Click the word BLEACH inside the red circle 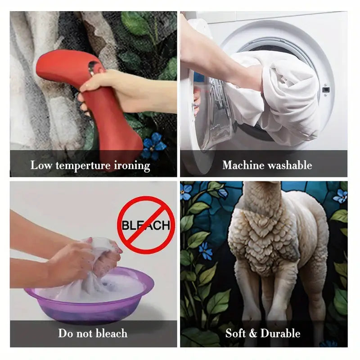pyautogui.click(x=146, y=225)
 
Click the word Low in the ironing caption pyautogui.click(x=41, y=165)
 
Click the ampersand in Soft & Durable pyautogui.click(x=253, y=333)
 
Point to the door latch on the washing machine pyautogui.click(x=326, y=90)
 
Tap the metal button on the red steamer pyautogui.click(x=92, y=67)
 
